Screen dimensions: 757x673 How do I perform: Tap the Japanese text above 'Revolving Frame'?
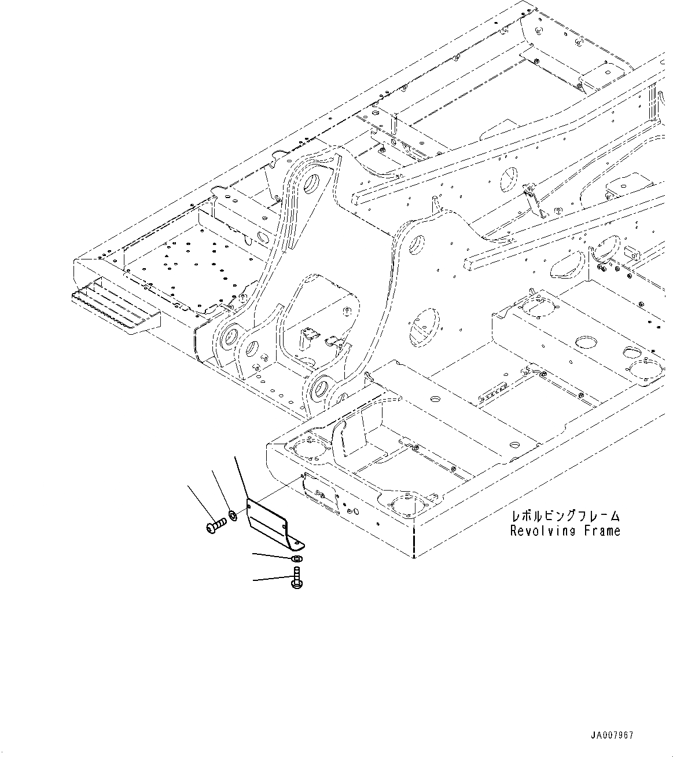565,515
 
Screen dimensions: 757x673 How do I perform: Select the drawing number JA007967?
612,736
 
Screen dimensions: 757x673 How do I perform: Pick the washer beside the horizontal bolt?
232,514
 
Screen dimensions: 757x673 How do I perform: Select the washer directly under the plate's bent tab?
296,559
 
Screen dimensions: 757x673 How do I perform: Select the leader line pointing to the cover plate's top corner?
240,476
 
